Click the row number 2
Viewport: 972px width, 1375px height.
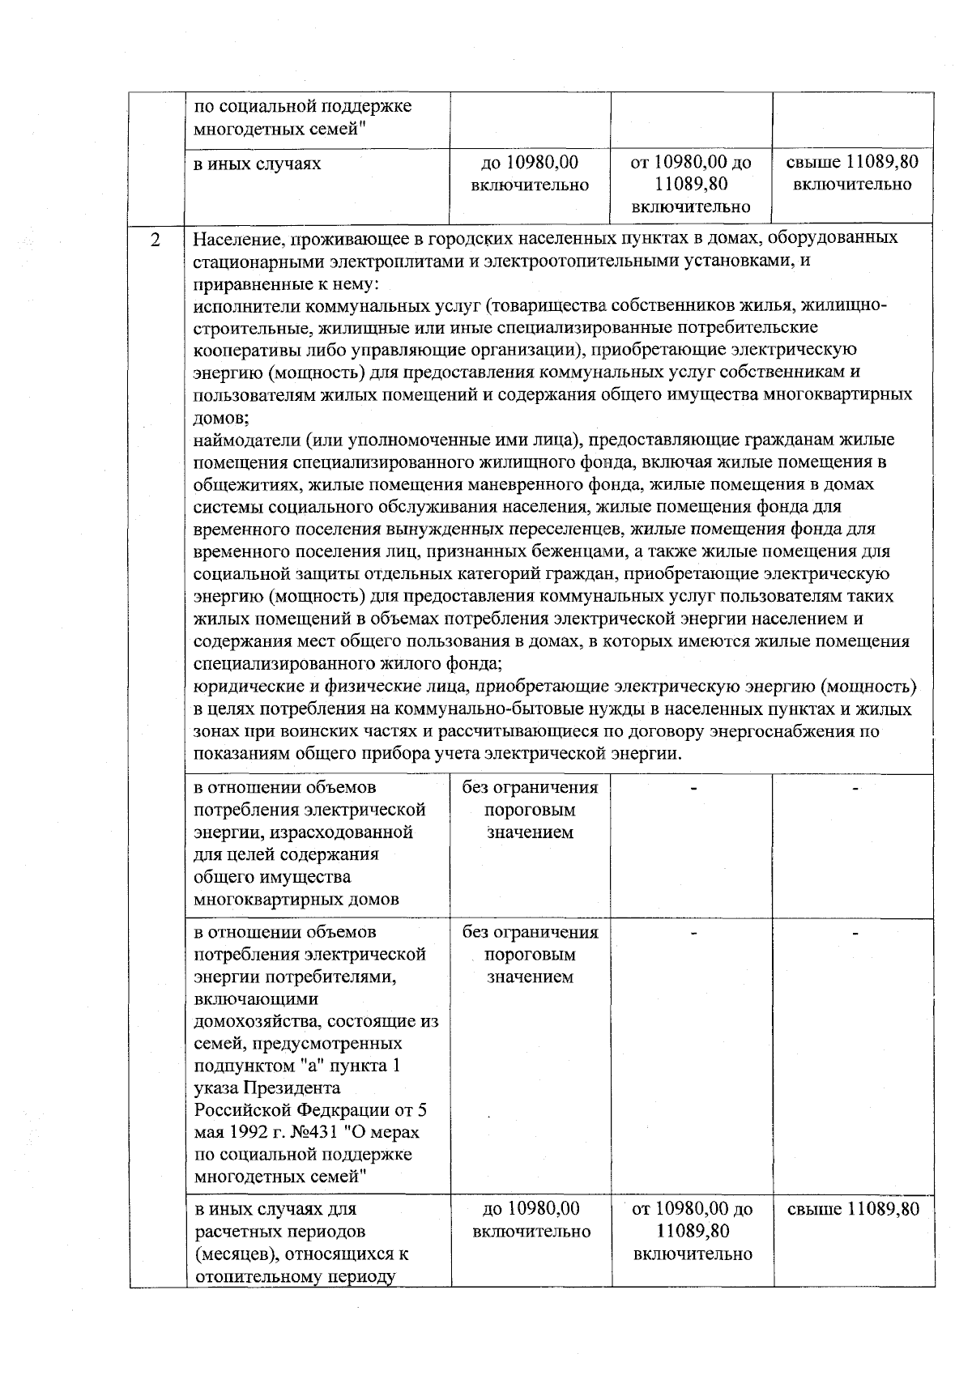pyautogui.click(x=156, y=241)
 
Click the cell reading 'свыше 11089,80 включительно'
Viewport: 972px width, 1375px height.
pyautogui.click(x=853, y=173)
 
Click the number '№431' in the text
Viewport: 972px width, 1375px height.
pyautogui.click(x=288, y=1132)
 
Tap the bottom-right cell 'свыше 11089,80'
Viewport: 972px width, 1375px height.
pyautogui.click(x=853, y=1210)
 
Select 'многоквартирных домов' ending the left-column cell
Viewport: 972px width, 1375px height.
pyautogui.click(x=296, y=900)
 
